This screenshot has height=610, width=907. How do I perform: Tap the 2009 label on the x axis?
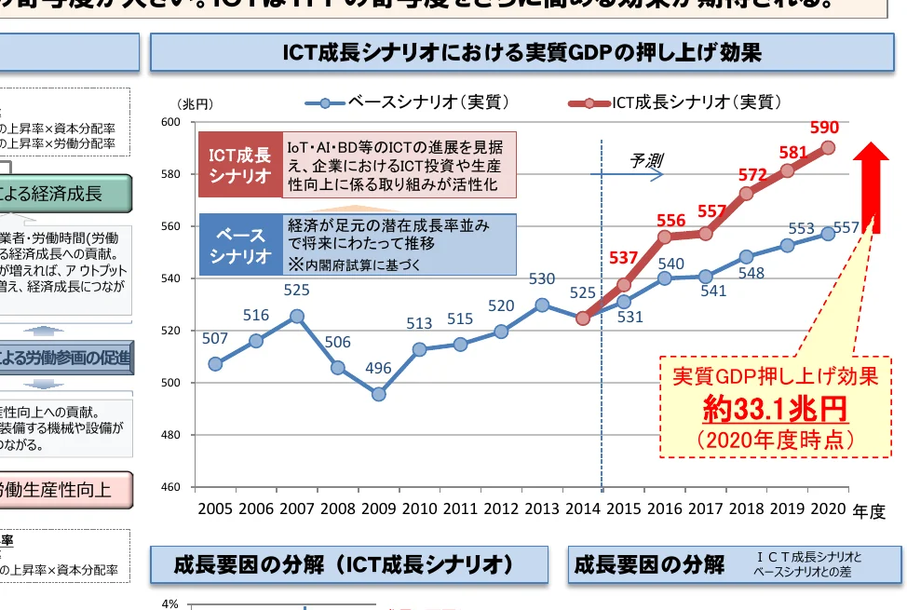pos(378,509)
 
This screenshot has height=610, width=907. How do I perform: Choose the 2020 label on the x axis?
pos(827,509)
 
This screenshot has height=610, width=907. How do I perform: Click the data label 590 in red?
pos(824,128)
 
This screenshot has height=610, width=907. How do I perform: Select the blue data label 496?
pos(378,368)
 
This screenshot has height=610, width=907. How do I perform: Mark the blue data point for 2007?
pos(296,316)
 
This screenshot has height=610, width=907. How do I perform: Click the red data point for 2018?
pos(746,194)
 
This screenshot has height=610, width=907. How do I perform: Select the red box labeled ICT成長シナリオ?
pos(239,164)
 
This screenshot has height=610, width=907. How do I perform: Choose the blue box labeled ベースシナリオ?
pos(239,245)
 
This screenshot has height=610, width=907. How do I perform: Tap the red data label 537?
pos(623,258)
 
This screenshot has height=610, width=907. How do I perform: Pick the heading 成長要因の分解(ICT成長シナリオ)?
pos(344,564)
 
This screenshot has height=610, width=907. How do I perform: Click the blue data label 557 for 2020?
pos(846,227)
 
